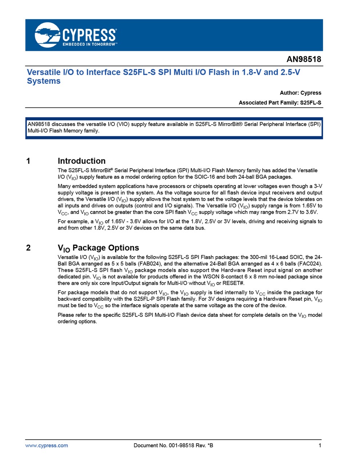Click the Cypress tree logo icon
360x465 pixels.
click(x=47, y=35)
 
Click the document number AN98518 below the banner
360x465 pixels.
click(x=304, y=59)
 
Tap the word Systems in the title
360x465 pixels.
click(x=44, y=81)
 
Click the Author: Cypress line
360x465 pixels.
click(x=300, y=93)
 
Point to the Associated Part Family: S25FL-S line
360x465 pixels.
click(x=280, y=103)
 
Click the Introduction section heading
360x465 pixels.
click(x=81, y=161)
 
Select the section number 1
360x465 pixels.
click(x=28, y=161)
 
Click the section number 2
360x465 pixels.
click(x=28, y=248)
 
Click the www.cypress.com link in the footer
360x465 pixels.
click(x=47, y=445)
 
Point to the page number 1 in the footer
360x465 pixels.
click(x=320, y=445)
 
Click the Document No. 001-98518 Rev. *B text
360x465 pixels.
click(x=173, y=445)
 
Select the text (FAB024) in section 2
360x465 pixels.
click(x=150, y=264)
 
